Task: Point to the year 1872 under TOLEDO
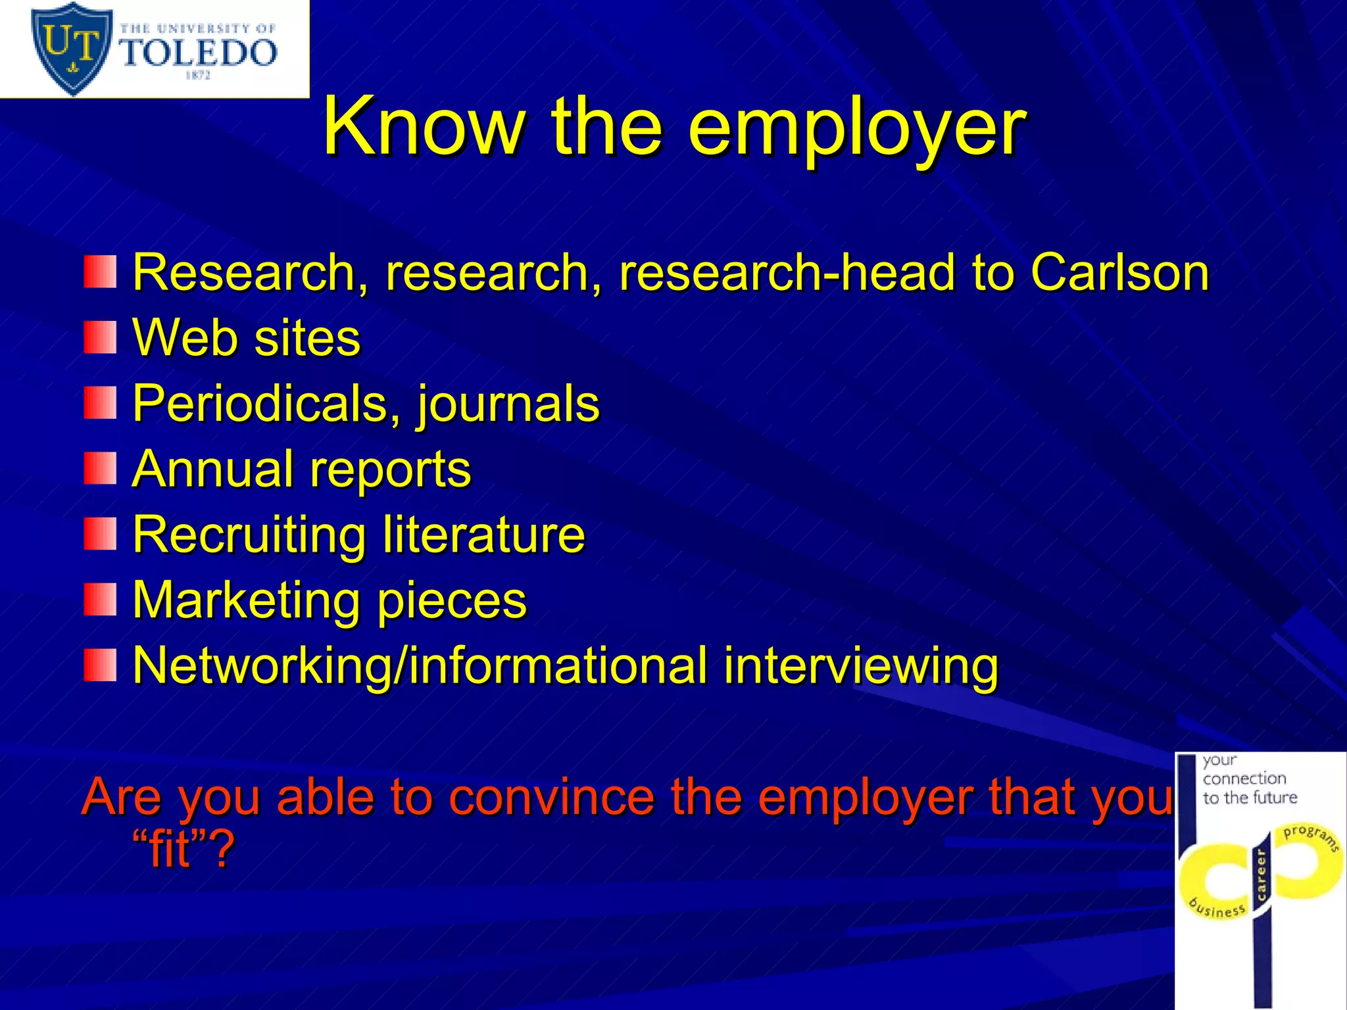(197, 76)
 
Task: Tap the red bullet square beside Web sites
(100, 337)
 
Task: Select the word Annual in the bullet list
(212, 468)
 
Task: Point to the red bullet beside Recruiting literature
(100, 533)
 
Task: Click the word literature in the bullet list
(483, 534)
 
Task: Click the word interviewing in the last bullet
(861, 665)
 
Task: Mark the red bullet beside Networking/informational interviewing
(100, 665)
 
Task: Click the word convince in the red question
(552, 796)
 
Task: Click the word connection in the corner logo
(1244, 779)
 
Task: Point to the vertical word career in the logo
(1261, 874)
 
